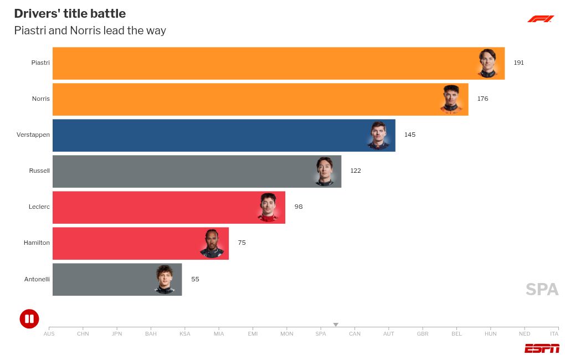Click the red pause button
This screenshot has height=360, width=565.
pos(29,318)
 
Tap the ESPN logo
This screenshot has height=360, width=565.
pos(542,348)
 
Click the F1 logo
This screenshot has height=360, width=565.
pos(541,19)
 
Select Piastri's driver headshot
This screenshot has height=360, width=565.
pos(487,63)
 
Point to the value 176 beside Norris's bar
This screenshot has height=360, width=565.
pos(482,99)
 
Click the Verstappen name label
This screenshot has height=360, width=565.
pos(33,135)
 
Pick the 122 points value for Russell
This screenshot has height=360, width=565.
pos(355,171)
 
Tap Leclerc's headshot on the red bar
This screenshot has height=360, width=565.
pos(268,207)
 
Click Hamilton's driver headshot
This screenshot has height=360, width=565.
pos(212,243)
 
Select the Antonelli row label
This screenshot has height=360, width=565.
pos(37,279)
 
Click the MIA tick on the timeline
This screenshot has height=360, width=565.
pos(219,333)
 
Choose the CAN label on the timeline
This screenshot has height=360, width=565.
pos(355,333)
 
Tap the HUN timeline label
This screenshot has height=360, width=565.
pos(490,333)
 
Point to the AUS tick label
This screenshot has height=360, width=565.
pos(49,333)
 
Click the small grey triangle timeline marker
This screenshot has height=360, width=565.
pos(336,325)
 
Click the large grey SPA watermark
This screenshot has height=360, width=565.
pos(542,289)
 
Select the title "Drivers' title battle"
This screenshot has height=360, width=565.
pos(70,13)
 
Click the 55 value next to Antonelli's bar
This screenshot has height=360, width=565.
pos(195,279)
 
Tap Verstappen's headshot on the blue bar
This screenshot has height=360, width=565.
pos(378,135)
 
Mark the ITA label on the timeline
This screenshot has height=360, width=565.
pos(554,333)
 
